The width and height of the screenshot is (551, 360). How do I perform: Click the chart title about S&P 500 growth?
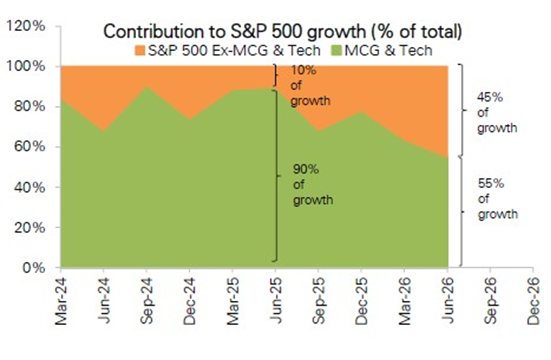click(x=283, y=32)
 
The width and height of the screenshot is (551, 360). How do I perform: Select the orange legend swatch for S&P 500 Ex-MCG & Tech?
click(x=140, y=50)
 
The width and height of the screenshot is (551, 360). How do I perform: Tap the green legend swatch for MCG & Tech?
click(x=337, y=50)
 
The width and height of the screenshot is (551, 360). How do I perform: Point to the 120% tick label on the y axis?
click(x=26, y=26)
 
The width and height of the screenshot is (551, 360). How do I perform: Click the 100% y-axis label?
click(x=26, y=66)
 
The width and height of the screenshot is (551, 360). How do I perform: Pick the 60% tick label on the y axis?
click(x=30, y=147)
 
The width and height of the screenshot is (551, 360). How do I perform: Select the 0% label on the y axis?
click(x=34, y=268)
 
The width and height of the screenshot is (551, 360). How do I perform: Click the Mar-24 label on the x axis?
click(x=61, y=301)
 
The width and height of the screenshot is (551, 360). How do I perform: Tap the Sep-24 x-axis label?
click(x=147, y=301)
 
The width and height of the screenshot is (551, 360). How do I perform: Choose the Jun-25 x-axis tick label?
click(x=276, y=300)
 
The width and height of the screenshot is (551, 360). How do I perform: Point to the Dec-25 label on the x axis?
click(x=361, y=301)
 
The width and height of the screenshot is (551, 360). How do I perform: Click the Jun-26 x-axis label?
click(x=447, y=300)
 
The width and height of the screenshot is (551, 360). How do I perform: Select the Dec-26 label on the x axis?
click(x=533, y=301)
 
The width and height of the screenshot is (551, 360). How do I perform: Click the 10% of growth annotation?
click(x=310, y=85)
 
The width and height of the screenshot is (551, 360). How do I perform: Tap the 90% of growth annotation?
click(x=313, y=185)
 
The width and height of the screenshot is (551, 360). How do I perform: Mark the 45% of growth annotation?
click(x=497, y=112)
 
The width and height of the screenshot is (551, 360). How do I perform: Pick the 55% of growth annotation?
click(x=498, y=199)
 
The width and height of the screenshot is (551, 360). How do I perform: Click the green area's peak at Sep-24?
click(x=147, y=87)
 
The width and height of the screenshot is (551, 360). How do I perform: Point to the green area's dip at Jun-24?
click(x=104, y=131)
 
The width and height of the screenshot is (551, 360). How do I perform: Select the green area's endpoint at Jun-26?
click(x=447, y=157)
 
